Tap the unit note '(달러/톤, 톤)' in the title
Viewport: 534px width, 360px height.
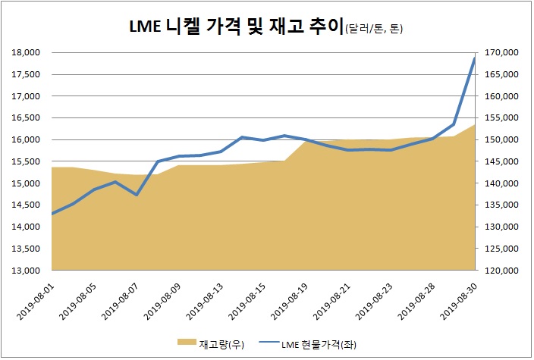(x=374, y=30)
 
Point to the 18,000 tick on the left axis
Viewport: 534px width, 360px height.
(x=27, y=53)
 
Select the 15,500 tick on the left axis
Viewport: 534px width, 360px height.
(x=27, y=162)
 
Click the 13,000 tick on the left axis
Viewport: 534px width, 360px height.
(x=27, y=271)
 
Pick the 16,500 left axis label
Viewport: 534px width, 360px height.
(x=27, y=118)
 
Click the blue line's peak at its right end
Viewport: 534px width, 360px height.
(x=475, y=58)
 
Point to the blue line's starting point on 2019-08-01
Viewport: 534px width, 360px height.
(x=52, y=214)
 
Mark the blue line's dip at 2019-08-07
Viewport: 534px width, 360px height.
(x=136, y=195)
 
